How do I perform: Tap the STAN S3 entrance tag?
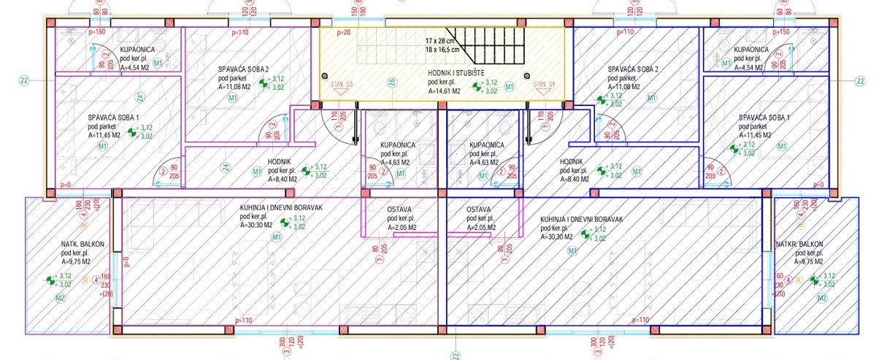[x=342, y=84]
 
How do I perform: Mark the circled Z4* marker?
[x=139, y=96]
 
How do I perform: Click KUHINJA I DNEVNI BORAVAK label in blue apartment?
[x=581, y=219]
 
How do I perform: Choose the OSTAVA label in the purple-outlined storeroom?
[x=400, y=210]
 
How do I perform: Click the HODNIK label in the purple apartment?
[x=281, y=161]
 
